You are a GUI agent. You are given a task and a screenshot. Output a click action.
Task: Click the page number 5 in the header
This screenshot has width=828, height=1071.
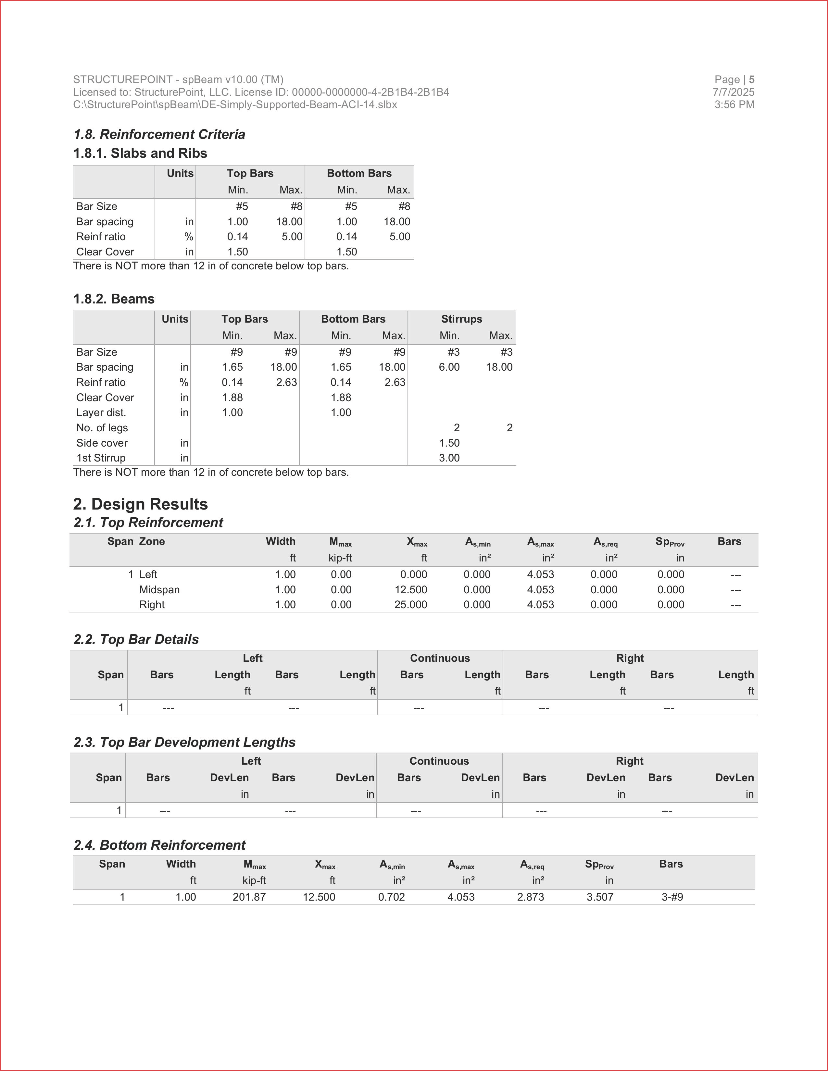(x=751, y=80)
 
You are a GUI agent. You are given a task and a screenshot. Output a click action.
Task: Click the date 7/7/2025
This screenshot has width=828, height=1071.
(x=733, y=92)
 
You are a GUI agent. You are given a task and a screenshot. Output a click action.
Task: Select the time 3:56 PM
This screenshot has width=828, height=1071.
(x=734, y=105)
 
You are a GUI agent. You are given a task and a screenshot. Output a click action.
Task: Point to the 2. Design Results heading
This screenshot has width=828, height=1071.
(x=140, y=504)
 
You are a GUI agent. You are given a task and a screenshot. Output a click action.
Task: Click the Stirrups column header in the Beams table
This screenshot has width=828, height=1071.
(x=462, y=319)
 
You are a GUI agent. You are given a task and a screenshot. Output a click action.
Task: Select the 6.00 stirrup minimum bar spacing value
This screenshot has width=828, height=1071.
(x=449, y=367)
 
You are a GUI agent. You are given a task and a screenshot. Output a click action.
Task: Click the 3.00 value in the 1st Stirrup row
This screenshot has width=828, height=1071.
(x=449, y=458)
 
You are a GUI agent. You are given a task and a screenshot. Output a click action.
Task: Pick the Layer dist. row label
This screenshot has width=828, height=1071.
(x=101, y=413)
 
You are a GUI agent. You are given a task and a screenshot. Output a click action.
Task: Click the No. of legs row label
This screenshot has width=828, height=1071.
(x=102, y=428)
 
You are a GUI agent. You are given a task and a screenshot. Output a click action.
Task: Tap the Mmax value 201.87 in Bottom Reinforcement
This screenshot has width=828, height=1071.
(x=249, y=897)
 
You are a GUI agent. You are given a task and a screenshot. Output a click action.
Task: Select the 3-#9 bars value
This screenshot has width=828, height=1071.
(x=672, y=897)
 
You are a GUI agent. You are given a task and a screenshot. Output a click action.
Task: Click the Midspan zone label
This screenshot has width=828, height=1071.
(x=159, y=590)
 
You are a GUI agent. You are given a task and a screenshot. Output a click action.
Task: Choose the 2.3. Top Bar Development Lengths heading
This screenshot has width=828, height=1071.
(x=184, y=743)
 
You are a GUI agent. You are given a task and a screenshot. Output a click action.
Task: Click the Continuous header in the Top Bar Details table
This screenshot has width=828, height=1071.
(x=440, y=659)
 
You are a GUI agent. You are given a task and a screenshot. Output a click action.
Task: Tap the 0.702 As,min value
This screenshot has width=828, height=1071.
(x=392, y=897)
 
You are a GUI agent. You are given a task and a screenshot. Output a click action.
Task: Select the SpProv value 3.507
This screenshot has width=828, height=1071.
(x=600, y=897)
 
